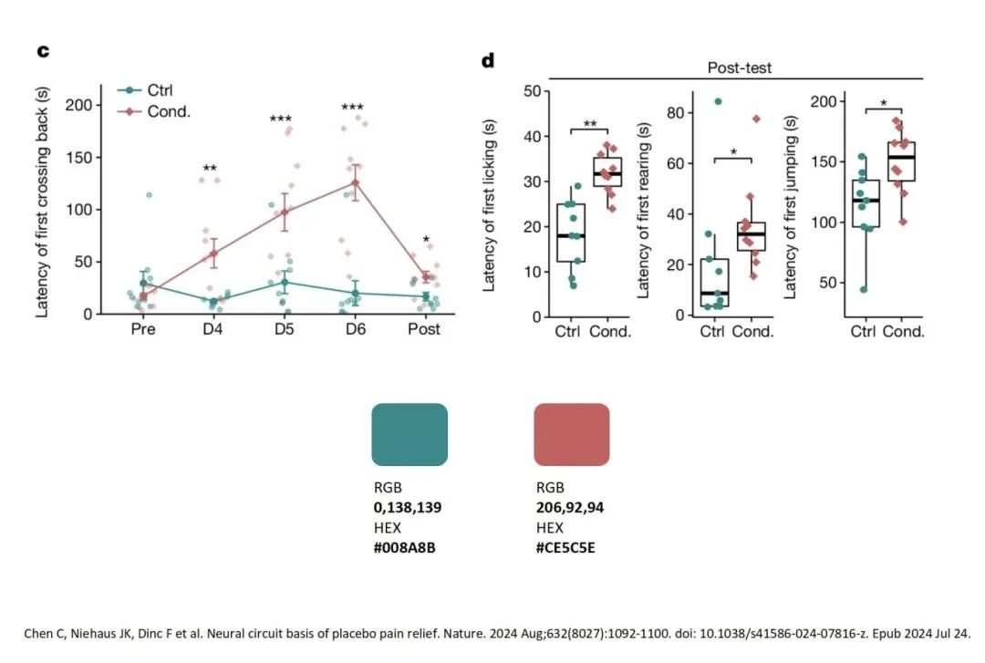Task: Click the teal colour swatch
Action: pyautogui.click(x=410, y=434)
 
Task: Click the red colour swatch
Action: pyautogui.click(x=571, y=434)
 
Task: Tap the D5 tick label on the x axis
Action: pyautogui.click(x=284, y=329)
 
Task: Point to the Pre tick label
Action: pyautogui.click(x=143, y=329)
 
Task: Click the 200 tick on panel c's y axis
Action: pyautogui.click(x=80, y=105)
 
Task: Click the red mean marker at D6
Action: pyautogui.click(x=355, y=182)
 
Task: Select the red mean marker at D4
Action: pyautogui.click(x=213, y=254)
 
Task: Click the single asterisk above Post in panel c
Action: pyautogui.click(x=425, y=242)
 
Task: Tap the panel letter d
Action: pyautogui.click(x=488, y=61)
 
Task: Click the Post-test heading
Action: pyautogui.click(x=740, y=67)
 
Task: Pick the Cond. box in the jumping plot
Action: pyautogui.click(x=900, y=161)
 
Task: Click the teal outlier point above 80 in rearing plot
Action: pyautogui.click(x=717, y=101)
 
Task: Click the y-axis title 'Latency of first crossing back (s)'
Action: pyautogui.click(x=43, y=202)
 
